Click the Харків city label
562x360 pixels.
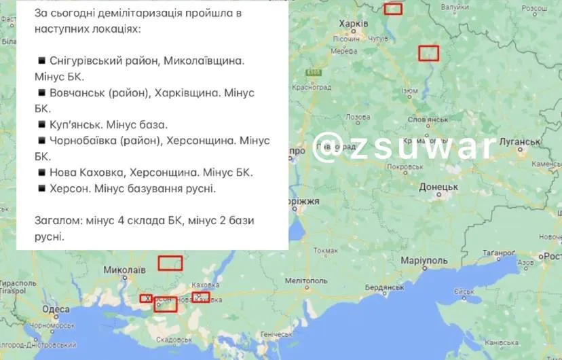pos(353,24)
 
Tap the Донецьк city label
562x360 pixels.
pos(438,186)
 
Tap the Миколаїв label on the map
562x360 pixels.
pos(124,270)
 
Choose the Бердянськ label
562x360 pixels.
pos(386,287)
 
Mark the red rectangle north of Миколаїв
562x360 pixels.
pos(170,263)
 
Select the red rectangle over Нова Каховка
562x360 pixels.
pos(201,297)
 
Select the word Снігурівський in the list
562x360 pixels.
pos(86,60)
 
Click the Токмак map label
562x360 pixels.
pos(326,251)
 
